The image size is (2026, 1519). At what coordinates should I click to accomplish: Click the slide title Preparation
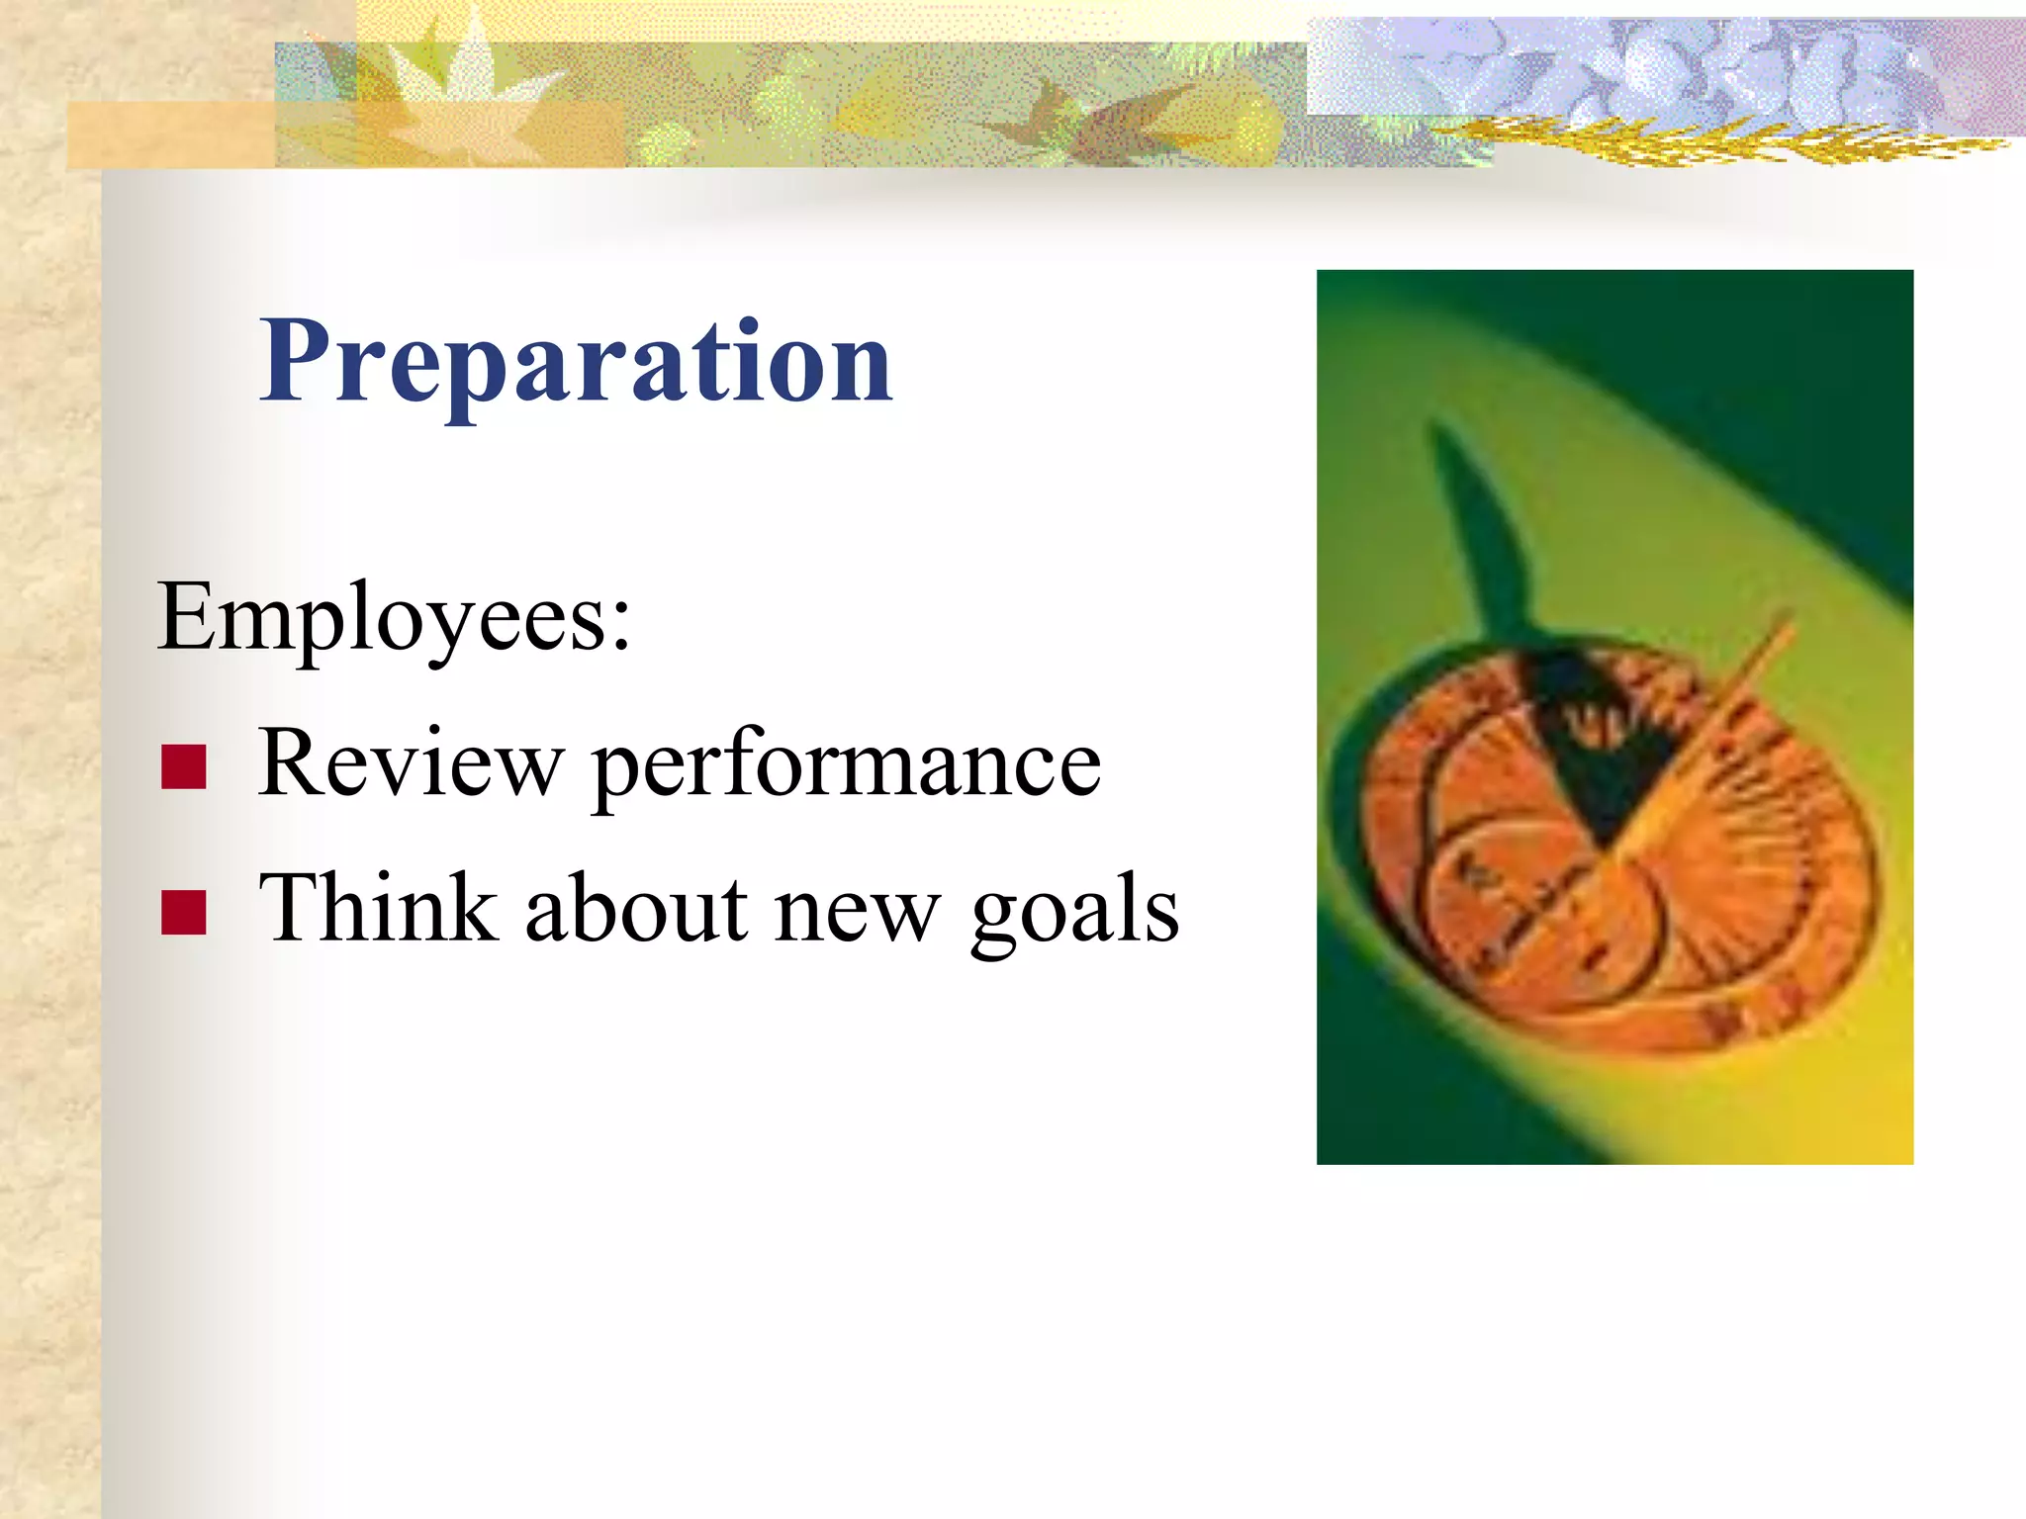point(576,364)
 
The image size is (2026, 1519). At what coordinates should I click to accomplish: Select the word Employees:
point(394,619)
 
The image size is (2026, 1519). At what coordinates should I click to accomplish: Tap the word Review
point(410,763)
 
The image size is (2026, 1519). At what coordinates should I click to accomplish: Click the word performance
point(846,767)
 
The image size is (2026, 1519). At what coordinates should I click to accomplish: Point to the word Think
point(377,908)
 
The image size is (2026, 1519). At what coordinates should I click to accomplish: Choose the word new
point(858,912)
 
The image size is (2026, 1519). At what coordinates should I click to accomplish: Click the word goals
point(1074,912)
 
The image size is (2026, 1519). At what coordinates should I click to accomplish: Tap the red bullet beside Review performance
point(184,767)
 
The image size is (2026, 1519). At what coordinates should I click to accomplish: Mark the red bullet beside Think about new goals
point(184,913)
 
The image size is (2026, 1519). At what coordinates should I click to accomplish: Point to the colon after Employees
point(620,623)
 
